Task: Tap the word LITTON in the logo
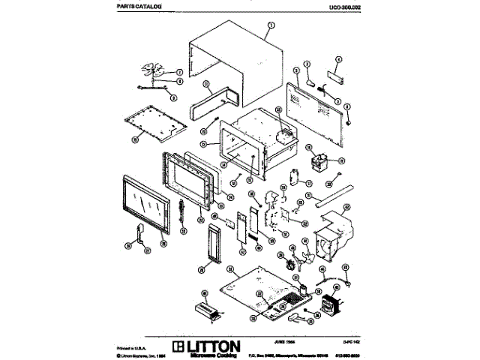coord(214,346)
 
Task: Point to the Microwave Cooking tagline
coord(213,355)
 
